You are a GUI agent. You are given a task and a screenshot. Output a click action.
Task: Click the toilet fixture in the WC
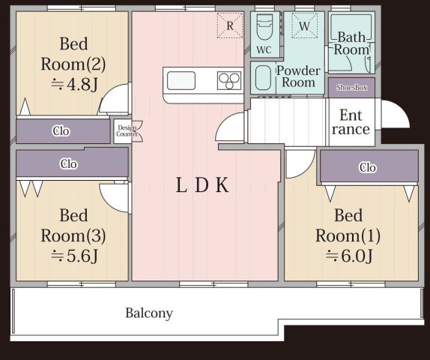tap(264, 28)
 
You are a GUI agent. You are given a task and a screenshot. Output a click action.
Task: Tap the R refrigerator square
tap(230, 25)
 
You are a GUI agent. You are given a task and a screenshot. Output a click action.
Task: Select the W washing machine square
tap(304, 25)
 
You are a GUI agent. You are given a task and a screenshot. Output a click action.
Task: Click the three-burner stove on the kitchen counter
tap(229, 80)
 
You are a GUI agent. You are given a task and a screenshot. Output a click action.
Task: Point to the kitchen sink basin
tap(181, 80)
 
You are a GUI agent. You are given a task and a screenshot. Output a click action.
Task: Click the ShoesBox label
tap(352, 88)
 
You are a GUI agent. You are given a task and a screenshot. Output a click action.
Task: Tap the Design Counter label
tap(127, 131)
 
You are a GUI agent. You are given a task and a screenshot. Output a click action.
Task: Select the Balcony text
tap(149, 313)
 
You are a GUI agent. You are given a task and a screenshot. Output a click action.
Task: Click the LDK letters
tap(202, 185)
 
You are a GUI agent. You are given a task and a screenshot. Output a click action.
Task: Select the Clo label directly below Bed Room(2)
tap(61, 131)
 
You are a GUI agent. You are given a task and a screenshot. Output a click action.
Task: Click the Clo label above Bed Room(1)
tap(368, 167)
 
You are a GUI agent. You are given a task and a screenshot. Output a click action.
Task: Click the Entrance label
tap(351, 122)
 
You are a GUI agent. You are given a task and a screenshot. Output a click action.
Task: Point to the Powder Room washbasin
tap(263, 78)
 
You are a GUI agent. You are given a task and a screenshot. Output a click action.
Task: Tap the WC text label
tap(264, 49)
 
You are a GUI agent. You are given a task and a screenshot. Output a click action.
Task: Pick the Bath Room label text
tap(351, 43)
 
